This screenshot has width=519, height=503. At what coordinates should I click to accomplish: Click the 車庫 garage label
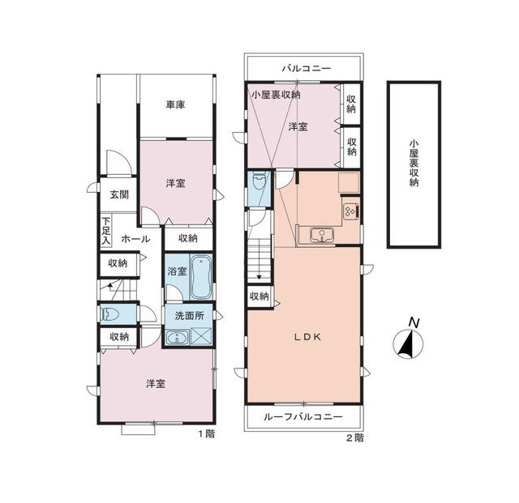[x=175, y=105]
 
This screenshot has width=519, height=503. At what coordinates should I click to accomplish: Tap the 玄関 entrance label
[x=119, y=194]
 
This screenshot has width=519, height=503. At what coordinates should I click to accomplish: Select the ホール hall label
[x=135, y=239]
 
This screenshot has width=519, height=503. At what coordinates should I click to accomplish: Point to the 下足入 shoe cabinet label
[x=106, y=231]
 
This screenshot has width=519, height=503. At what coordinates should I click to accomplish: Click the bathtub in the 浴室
[x=201, y=277]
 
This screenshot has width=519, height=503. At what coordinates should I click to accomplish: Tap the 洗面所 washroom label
[x=189, y=316]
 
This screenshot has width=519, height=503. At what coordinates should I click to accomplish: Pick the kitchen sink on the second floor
[x=322, y=235]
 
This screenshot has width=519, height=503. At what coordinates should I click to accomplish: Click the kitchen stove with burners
[x=350, y=211]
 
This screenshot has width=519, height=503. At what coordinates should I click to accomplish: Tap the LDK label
[x=308, y=337]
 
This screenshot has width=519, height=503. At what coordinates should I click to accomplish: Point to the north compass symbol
[x=408, y=343]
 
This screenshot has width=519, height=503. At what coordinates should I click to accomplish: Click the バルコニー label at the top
[x=307, y=69]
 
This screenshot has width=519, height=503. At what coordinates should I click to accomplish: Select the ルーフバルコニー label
[x=302, y=416]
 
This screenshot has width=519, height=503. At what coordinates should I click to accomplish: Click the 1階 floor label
[x=207, y=434]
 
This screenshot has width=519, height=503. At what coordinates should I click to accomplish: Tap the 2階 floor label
[x=355, y=438]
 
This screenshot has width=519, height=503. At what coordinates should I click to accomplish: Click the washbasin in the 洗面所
[x=178, y=338]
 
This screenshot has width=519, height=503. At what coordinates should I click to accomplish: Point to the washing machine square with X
[x=201, y=337]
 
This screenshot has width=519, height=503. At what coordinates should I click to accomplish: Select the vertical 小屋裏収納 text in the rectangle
[x=414, y=164]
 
